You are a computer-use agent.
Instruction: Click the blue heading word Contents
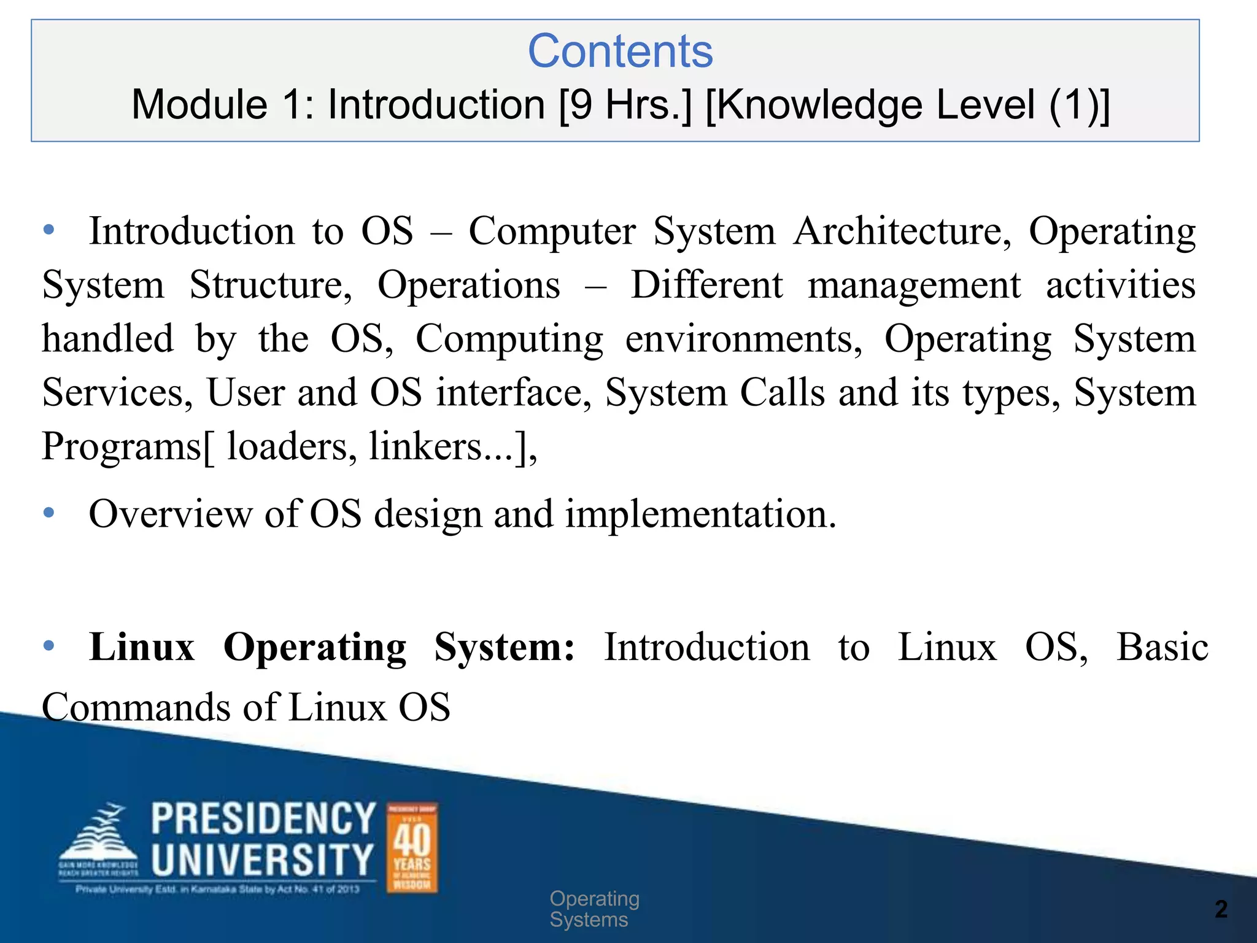click(620, 52)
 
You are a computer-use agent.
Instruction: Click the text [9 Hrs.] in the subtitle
click(625, 104)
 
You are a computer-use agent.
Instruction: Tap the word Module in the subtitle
click(199, 104)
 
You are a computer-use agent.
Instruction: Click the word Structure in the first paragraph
click(271, 285)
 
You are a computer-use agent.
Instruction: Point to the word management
click(914, 285)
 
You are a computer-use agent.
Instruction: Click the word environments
click(743, 339)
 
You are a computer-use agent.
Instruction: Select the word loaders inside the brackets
click(292, 446)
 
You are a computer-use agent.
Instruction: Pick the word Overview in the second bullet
click(170, 514)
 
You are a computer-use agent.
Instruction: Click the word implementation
click(700, 514)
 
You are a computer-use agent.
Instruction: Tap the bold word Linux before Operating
click(142, 647)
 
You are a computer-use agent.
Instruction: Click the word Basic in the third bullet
click(1162, 647)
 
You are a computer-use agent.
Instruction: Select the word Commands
click(136, 707)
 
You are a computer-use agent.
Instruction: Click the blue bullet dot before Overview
click(49, 512)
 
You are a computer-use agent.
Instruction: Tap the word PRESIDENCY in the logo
click(263, 819)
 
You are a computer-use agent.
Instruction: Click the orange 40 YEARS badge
click(412, 848)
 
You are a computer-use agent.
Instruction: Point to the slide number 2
click(1221, 909)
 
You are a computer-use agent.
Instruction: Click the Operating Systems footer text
click(594, 909)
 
